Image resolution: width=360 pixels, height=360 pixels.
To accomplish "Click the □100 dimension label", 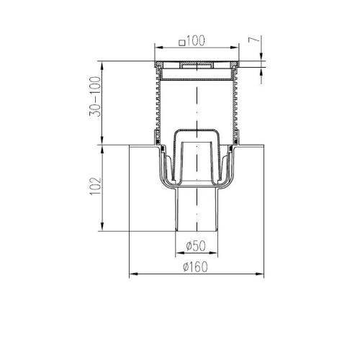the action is (x=192, y=41).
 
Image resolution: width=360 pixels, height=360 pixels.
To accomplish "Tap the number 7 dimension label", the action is (x=254, y=40).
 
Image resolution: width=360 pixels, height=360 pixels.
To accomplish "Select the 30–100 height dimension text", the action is (x=95, y=96).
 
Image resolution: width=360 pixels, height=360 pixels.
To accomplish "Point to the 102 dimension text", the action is (x=95, y=186).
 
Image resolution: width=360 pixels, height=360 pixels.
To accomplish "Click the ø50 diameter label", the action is (x=196, y=246).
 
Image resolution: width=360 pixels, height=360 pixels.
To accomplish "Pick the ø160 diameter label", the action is (x=195, y=266).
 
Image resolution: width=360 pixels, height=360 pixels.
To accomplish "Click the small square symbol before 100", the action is (x=182, y=43).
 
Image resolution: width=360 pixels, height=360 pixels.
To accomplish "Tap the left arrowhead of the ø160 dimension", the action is (x=133, y=274).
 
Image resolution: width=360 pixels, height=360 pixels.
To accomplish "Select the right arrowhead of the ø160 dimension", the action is (x=260, y=274).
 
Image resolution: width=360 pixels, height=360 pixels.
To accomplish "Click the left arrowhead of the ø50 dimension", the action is (x=179, y=253).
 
